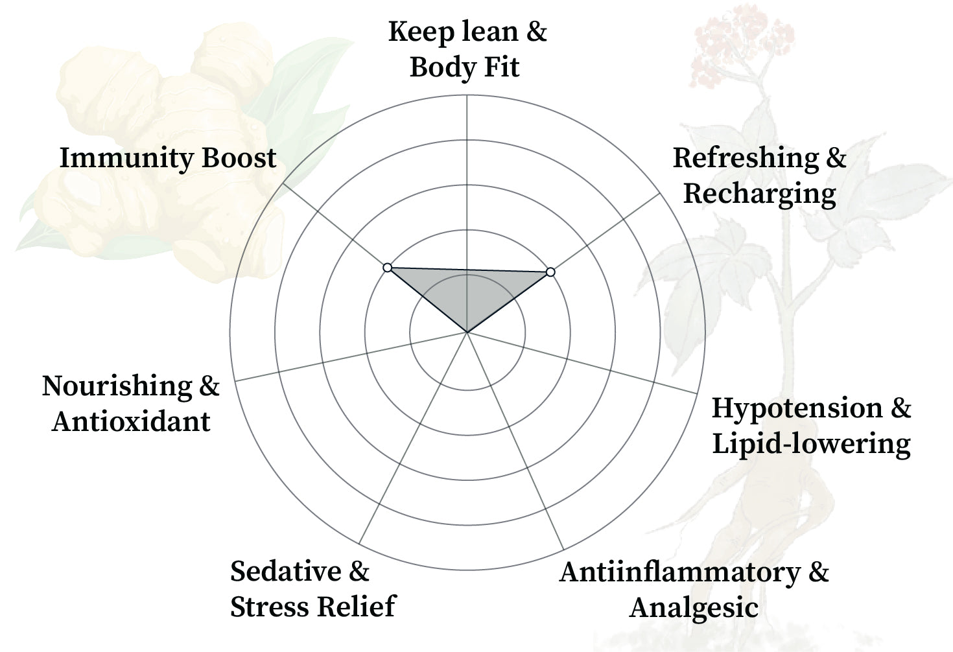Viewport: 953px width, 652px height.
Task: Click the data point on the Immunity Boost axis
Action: click(x=387, y=268)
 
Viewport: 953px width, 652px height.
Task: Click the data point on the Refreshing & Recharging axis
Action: click(x=550, y=272)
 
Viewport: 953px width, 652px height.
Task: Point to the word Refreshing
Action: click(x=746, y=158)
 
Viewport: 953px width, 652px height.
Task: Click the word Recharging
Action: click(x=759, y=194)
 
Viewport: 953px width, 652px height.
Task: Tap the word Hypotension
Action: click(x=797, y=408)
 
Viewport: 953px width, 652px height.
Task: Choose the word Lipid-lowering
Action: click(x=811, y=444)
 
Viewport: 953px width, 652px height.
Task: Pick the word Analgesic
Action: click(x=694, y=608)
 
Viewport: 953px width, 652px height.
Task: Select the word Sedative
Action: click(x=285, y=572)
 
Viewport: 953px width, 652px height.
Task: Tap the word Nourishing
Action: click(x=117, y=387)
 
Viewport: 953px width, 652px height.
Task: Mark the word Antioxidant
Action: click(x=131, y=422)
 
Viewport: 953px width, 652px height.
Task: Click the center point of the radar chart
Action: click(x=467, y=332)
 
